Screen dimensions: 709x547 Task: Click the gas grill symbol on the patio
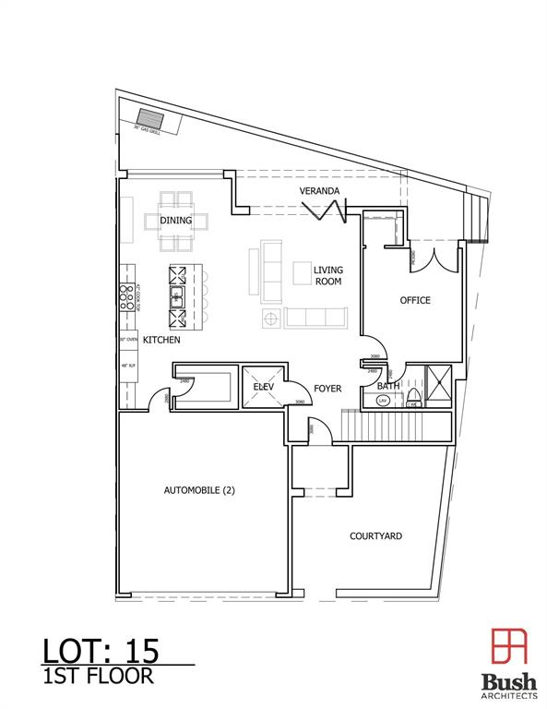pyautogui.click(x=149, y=120)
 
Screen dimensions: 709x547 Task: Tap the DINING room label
pyautogui.click(x=175, y=221)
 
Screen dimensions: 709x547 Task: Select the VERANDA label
pyautogui.click(x=320, y=191)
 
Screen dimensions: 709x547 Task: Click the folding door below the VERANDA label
pyautogui.click(x=329, y=211)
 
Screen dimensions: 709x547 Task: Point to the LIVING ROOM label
pyautogui.click(x=327, y=275)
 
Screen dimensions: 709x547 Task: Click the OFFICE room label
pyautogui.click(x=414, y=301)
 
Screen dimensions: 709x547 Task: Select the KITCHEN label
pyautogui.click(x=161, y=341)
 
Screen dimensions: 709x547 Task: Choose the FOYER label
pyautogui.click(x=327, y=389)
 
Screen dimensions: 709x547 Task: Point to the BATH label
pyautogui.click(x=388, y=386)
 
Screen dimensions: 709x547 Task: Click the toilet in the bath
pyautogui.click(x=414, y=398)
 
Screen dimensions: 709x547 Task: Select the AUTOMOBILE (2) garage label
pyautogui.click(x=200, y=491)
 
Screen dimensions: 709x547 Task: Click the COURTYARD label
pyautogui.click(x=375, y=536)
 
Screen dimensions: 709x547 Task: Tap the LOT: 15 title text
pyautogui.click(x=101, y=650)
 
